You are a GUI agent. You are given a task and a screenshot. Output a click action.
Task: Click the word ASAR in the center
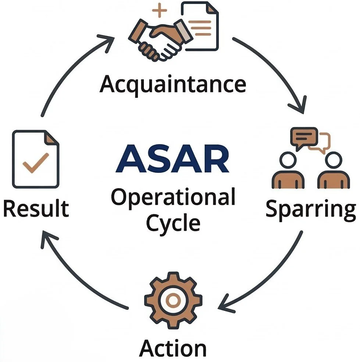click(172, 160)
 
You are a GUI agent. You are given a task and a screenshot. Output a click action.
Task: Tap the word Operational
click(173, 198)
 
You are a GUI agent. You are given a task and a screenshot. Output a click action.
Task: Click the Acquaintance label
click(173, 84)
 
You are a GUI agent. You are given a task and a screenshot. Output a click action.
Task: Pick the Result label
click(36, 208)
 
